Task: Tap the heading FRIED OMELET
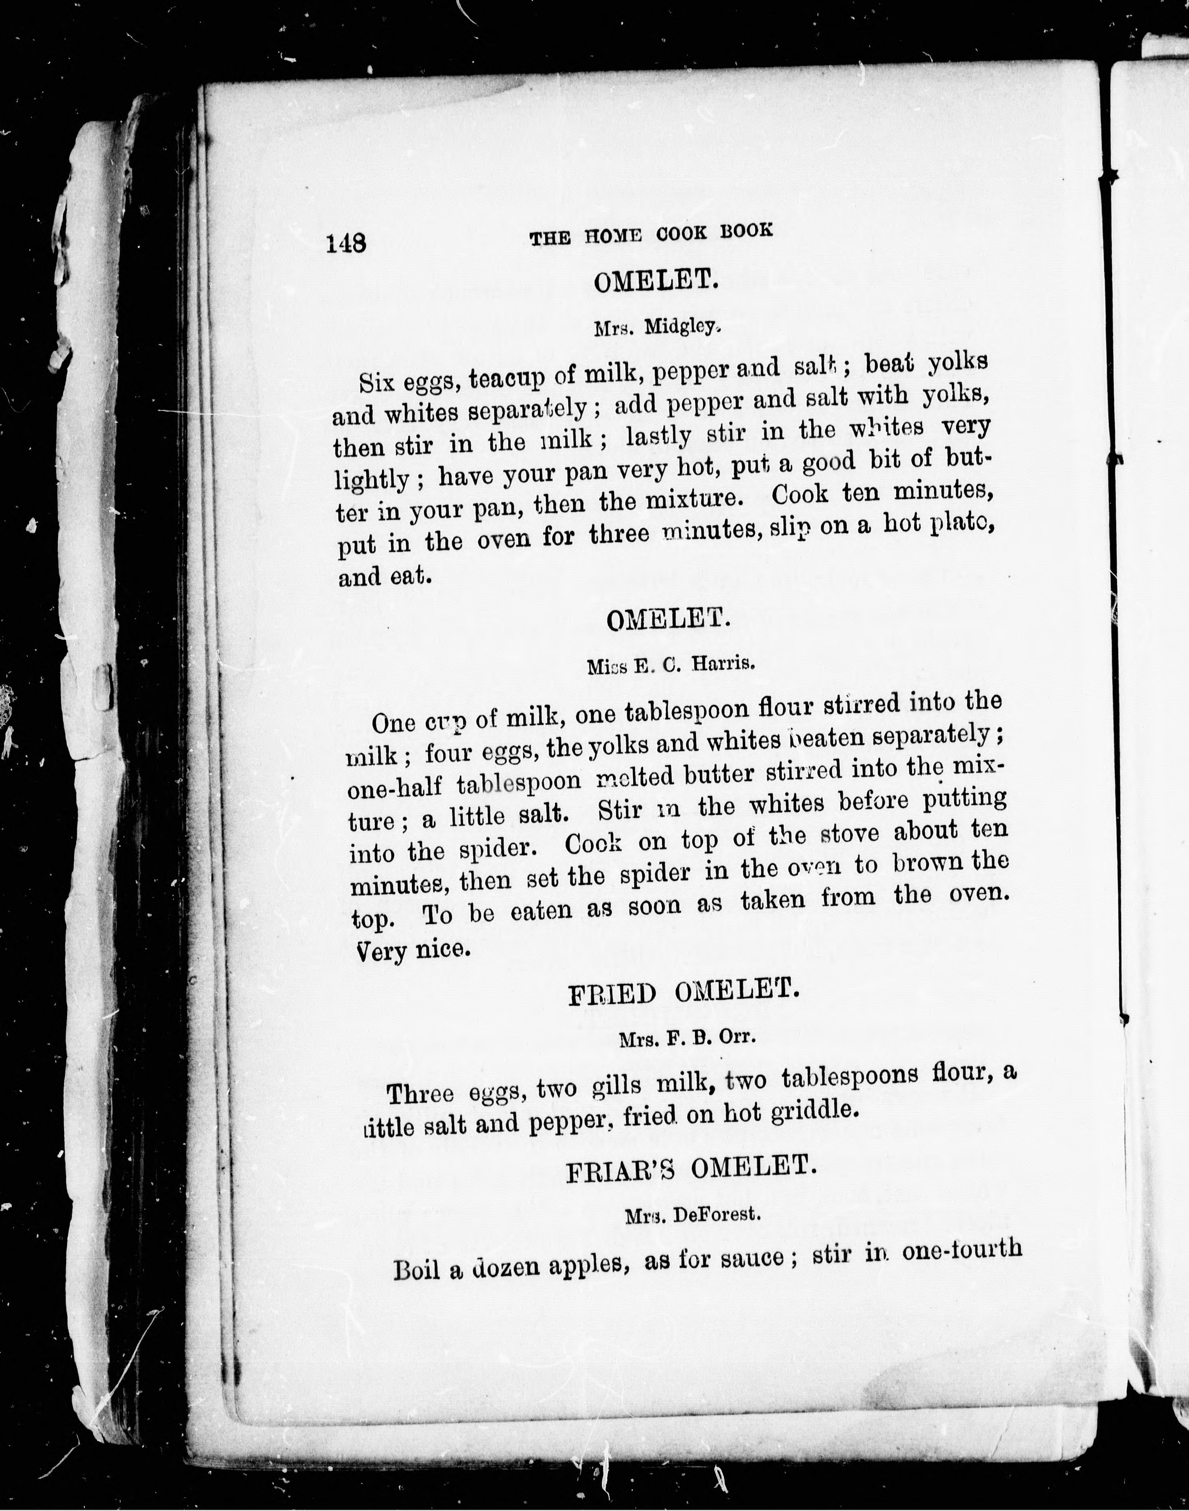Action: tap(683, 991)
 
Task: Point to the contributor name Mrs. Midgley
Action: tap(655, 327)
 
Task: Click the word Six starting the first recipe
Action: tap(377, 382)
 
